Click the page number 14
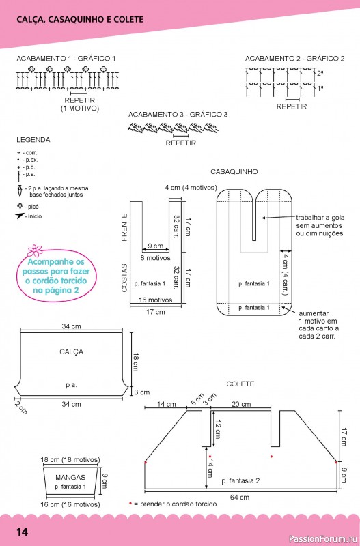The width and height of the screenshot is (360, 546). [x=22, y=532]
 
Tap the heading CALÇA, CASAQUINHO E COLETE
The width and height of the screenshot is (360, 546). [x=80, y=20]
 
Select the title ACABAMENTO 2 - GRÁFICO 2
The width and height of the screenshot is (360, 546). [x=294, y=59]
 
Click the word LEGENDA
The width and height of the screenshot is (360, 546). [x=33, y=140]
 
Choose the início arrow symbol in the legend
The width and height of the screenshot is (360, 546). [x=20, y=216]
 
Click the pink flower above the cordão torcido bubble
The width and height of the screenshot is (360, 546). [x=35, y=250]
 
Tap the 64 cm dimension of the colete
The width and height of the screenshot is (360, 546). [x=240, y=497]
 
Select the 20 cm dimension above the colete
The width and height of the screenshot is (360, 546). [x=241, y=404]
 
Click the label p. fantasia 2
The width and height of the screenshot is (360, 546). [x=241, y=481]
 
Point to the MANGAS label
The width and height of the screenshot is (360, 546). [x=70, y=477]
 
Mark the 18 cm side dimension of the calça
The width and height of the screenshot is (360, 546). [x=136, y=362]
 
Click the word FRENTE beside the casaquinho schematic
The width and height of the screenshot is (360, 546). [x=124, y=227]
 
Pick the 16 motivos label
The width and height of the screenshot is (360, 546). [x=156, y=300]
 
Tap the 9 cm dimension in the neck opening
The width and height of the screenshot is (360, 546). [x=156, y=246]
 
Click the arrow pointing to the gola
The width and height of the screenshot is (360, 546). [x=279, y=218]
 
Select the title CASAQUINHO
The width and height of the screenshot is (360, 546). [x=234, y=172]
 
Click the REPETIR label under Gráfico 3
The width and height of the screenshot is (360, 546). [x=180, y=143]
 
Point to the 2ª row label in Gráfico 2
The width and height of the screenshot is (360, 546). [x=320, y=74]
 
